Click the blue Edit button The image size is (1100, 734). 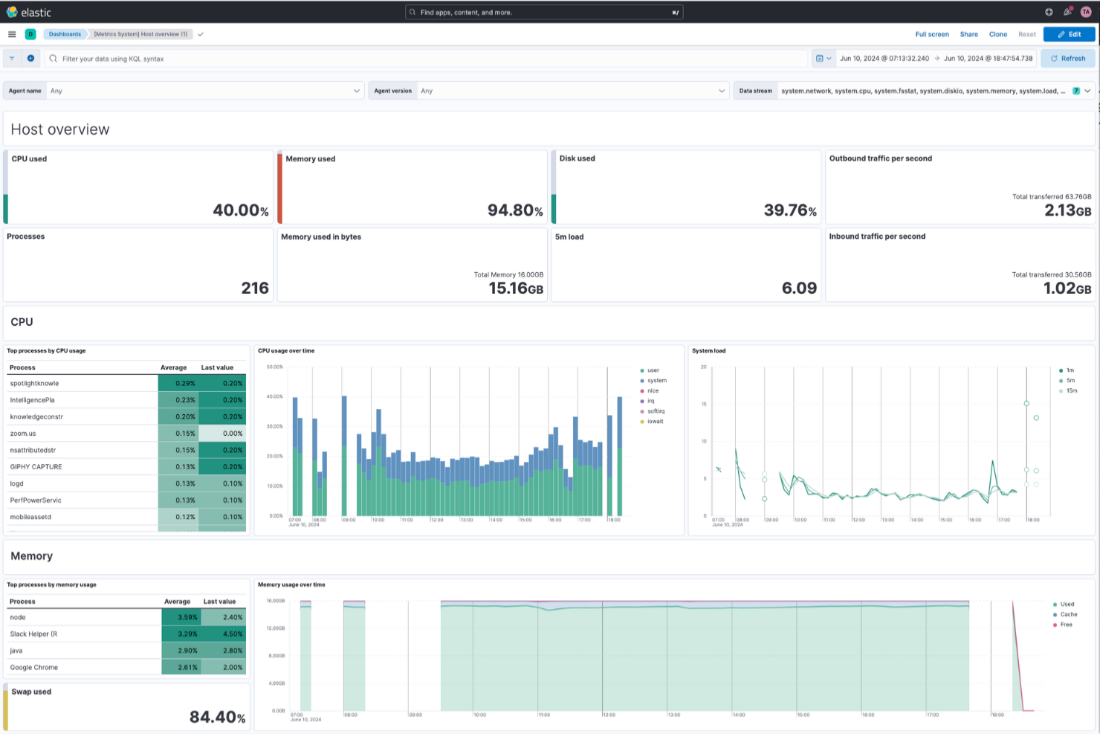[x=1069, y=34]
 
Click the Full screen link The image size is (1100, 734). [x=931, y=34]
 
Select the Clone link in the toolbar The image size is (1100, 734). [x=997, y=34]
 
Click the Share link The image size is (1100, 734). [x=968, y=34]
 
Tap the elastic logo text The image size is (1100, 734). [x=36, y=13]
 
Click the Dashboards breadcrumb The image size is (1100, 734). [x=65, y=34]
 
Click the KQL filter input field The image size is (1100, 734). [x=424, y=59]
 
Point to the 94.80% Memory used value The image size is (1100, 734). [x=514, y=210]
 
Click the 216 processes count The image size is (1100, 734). [x=254, y=289]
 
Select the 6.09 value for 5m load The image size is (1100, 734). [x=798, y=289]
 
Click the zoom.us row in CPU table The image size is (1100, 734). [x=23, y=434]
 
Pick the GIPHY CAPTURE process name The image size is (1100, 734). [x=36, y=467]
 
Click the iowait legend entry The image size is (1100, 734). [x=655, y=422]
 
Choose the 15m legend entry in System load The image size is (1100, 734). [x=1071, y=390]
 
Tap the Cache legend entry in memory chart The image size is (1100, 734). [x=1068, y=614]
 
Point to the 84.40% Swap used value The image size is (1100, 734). [x=216, y=717]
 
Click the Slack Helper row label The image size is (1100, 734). [x=33, y=634]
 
